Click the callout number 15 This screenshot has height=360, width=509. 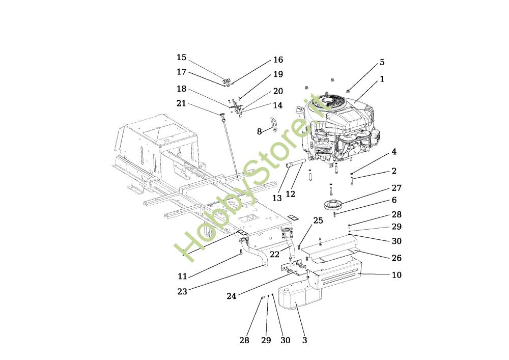pos(182,58)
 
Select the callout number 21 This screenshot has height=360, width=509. pos(182,103)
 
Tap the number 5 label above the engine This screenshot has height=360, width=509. pos(382,62)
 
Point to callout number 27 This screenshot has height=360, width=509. pos(397,188)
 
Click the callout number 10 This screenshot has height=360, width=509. pos(397,275)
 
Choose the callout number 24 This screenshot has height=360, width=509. pos(232,296)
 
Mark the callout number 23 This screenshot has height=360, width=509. pos(182,291)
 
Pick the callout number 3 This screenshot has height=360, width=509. pos(304,340)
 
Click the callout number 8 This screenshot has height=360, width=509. pos(260,131)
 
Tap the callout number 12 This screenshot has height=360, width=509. pos(291,194)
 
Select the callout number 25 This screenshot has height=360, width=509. pos(318,221)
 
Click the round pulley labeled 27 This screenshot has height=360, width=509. pos(332,206)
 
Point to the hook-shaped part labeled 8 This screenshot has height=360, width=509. pos(274,125)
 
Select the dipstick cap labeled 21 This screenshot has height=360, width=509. pos(222,115)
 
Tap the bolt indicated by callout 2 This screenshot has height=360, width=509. pos(352,180)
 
